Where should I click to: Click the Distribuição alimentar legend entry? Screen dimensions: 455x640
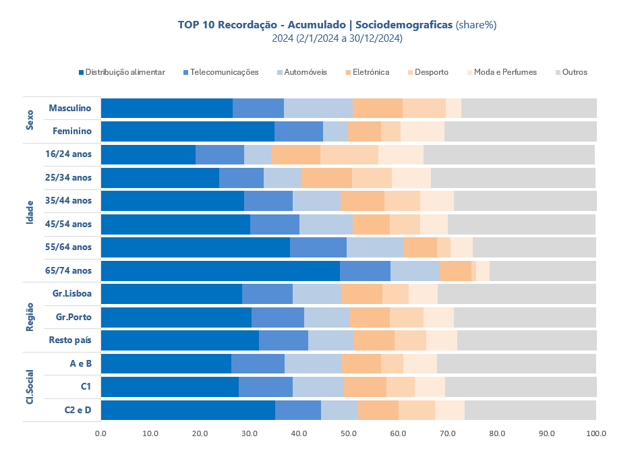(x=125, y=72)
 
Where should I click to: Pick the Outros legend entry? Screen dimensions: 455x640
(x=574, y=72)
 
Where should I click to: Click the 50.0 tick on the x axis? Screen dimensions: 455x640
(x=349, y=433)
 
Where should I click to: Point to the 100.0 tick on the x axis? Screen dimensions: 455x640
(x=596, y=433)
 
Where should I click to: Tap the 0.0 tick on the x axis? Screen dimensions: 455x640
(x=101, y=433)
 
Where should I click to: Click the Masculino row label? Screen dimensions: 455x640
(x=70, y=108)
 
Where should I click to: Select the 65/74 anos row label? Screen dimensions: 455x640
(x=71, y=270)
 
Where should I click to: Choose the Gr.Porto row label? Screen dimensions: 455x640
(x=72, y=317)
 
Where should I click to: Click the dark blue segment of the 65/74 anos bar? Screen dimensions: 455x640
(x=220, y=270)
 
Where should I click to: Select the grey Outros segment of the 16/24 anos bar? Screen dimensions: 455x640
(x=509, y=154)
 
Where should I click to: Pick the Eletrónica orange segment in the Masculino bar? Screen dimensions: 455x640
(x=378, y=108)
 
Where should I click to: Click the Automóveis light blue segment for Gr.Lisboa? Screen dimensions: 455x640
(x=317, y=294)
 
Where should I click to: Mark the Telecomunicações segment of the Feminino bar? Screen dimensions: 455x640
(x=299, y=131)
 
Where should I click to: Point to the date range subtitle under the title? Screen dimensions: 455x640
(x=337, y=38)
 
